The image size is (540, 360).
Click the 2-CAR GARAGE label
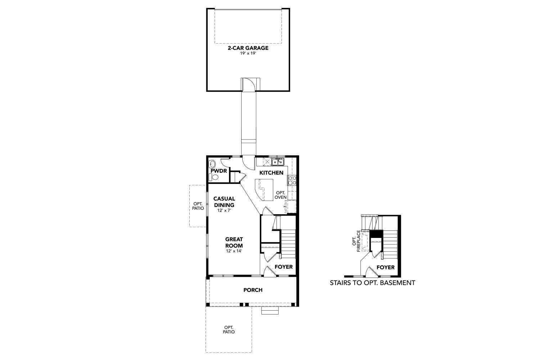pyautogui.click(x=248, y=48)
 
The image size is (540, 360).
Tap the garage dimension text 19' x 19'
pyautogui.click(x=248, y=54)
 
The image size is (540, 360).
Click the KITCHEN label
pyautogui.click(x=271, y=173)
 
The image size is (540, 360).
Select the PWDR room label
pyautogui.click(x=219, y=171)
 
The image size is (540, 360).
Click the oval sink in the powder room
pyautogui.click(x=212, y=164)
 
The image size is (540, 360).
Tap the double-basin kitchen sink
pyautogui.click(x=278, y=162)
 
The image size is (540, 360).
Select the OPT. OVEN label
pyautogui.click(x=281, y=195)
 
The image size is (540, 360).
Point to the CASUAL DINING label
pyautogui.click(x=224, y=202)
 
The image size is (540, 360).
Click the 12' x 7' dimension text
pyautogui.click(x=224, y=210)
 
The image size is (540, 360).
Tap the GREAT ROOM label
pyautogui.click(x=234, y=242)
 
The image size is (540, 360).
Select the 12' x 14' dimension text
pyautogui.click(x=234, y=251)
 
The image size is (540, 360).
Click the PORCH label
pyautogui.click(x=253, y=290)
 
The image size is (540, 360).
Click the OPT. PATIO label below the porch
pyautogui.click(x=229, y=330)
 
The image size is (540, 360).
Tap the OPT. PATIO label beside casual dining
pyautogui.click(x=198, y=206)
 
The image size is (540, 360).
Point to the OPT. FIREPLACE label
pyautogui.click(x=356, y=241)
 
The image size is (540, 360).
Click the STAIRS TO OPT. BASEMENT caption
pyautogui.click(x=373, y=283)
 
